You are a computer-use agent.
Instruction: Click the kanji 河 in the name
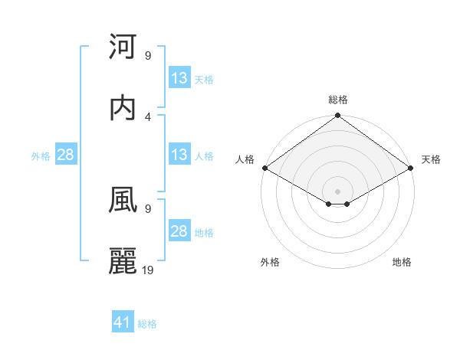tap(123, 47)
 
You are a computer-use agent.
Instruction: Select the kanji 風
tap(123, 199)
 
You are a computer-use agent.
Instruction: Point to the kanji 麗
tap(123, 261)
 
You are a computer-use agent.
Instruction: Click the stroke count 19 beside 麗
tap(147, 270)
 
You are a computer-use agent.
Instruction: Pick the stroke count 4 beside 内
tap(147, 116)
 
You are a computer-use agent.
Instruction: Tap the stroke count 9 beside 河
tap(147, 56)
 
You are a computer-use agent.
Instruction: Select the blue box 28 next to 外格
tap(66, 155)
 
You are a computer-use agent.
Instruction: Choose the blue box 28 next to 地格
tap(179, 232)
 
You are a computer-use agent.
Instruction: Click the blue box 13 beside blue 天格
tap(179, 79)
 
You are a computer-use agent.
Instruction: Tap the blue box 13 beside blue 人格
tap(179, 155)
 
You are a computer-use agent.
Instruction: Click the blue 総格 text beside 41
tap(147, 324)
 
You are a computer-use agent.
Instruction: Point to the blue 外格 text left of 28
tap(41, 156)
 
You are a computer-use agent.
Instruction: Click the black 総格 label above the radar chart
tap(338, 100)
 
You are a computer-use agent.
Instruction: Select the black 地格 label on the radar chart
tap(402, 262)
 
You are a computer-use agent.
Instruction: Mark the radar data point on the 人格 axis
tap(264, 168)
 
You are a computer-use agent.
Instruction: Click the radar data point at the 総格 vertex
tap(338, 116)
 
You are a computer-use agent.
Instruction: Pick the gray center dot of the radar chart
tap(338, 191)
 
